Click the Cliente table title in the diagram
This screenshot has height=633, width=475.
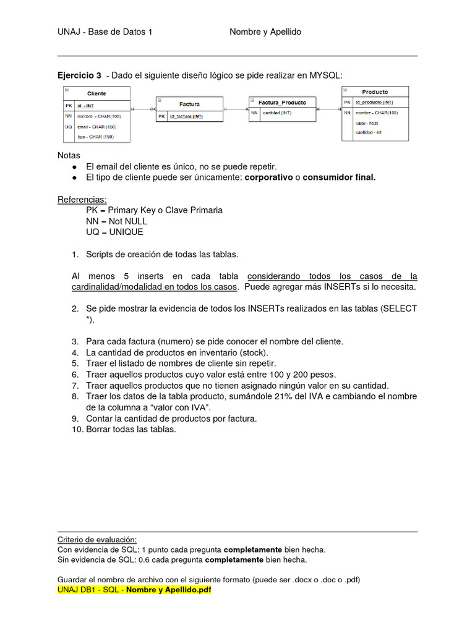click(x=96, y=93)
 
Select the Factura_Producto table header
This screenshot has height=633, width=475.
click(x=281, y=102)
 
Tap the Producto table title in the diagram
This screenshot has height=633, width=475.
click(x=375, y=92)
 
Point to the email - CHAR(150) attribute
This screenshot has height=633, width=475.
click(x=96, y=126)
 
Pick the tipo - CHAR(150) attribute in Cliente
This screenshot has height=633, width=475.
click(x=95, y=137)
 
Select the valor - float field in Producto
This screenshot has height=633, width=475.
click(x=367, y=123)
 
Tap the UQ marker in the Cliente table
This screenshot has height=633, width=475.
click(x=68, y=126)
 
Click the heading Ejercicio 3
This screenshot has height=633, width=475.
click(x=79, y=75)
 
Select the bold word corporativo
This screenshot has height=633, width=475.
click(x=269, y=177)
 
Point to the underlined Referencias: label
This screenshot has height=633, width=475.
click(x=82, y=200)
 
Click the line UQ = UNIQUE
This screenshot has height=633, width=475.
click(x=114, y=232)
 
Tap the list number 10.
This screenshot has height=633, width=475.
click(x=77, y=430)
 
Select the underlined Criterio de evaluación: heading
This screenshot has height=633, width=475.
click(x=96, y=539)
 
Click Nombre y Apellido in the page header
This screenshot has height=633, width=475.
click(x=265, y=32)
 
